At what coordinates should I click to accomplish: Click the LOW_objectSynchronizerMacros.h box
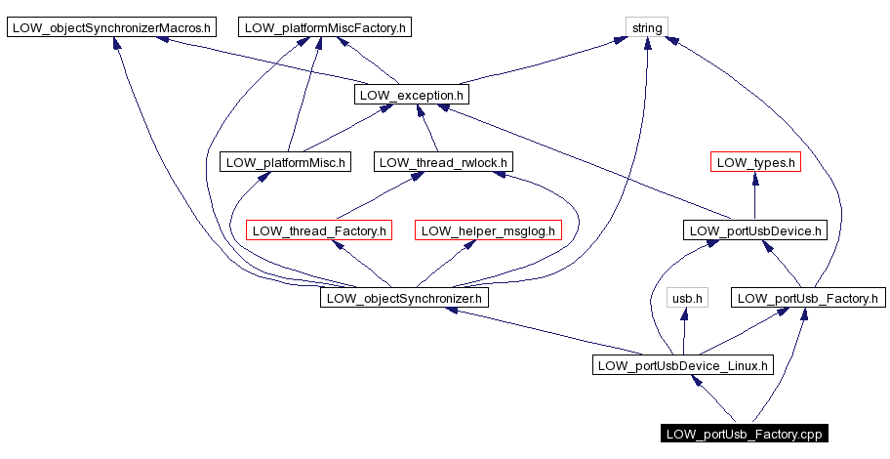click(111, 27)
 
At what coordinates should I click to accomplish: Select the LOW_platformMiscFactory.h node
click(324, 27)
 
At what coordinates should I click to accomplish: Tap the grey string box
click(647, 27)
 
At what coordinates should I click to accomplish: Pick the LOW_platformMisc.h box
click(286, 162)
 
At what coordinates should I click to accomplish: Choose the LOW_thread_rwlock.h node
click(443, 162)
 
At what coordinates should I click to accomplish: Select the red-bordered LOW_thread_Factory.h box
click(318, 230)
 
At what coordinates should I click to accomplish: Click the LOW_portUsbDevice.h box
click(756, 230)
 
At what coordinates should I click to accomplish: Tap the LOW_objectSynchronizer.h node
click(404, 297)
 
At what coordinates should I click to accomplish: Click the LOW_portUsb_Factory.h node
click(808, 297)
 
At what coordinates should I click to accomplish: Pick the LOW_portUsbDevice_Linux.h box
click(682, 365)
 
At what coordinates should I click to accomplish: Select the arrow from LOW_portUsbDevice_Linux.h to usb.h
click(685, 331)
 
